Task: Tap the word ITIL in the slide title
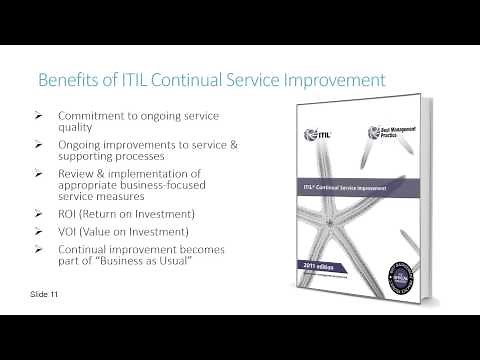(128, 79)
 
